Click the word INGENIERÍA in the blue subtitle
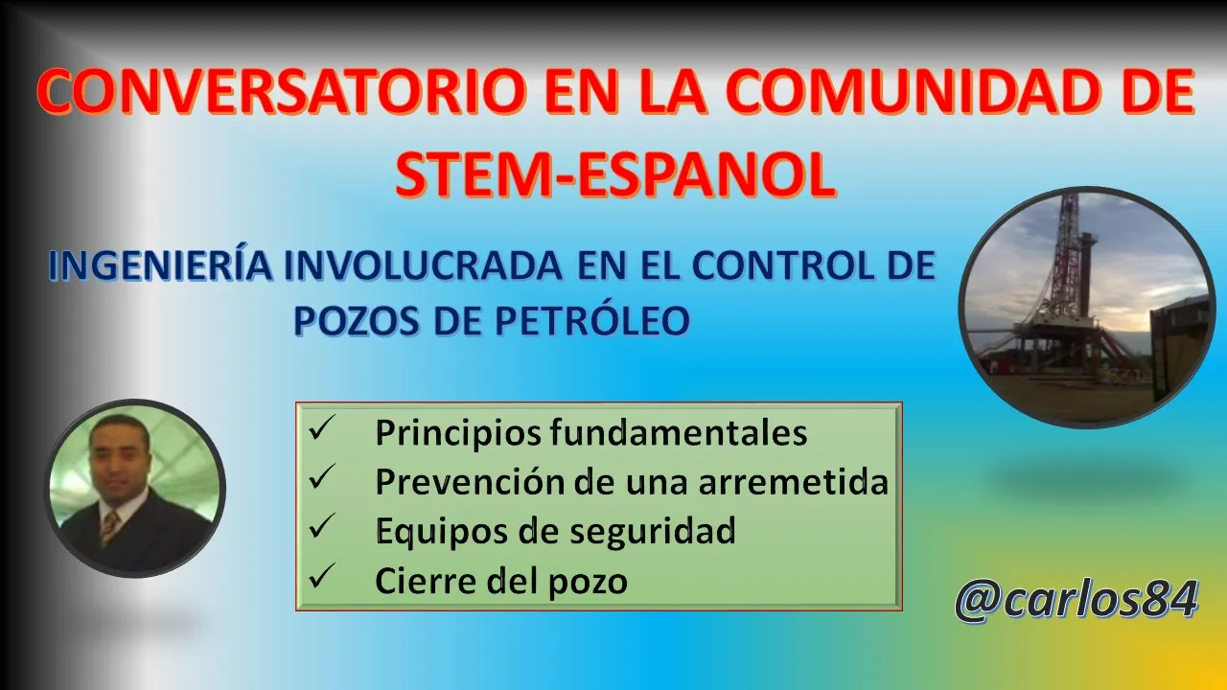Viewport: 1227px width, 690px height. click(x=161, y=265)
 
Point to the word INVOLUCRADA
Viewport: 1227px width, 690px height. click(x=423, y=265)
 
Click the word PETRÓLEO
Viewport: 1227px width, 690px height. click(x=592, y=320)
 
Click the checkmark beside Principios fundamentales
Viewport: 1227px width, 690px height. click(x=321, y=428)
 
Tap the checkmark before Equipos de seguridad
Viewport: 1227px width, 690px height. click(x=321, y=526)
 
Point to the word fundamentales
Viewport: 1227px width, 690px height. click(x=679, y=432)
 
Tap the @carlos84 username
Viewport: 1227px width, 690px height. click(x=1077, y=600)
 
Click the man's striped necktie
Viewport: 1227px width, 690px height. click(x=109, y=527)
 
